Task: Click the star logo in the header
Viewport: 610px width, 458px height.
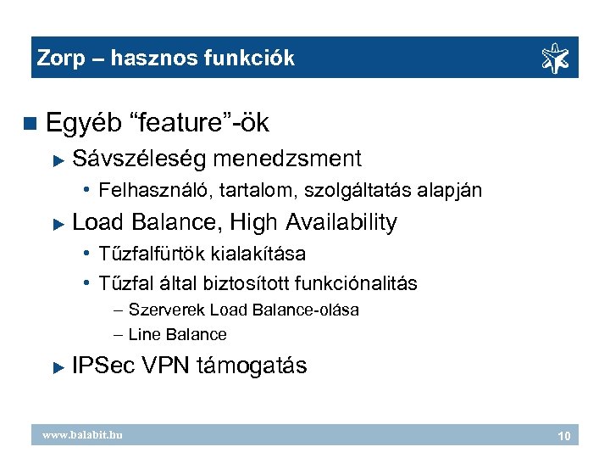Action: click(x=556, y=58)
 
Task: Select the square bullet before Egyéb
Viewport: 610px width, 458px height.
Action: click(x=31, y=124)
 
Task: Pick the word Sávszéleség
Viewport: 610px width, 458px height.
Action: click(x=140, y=159)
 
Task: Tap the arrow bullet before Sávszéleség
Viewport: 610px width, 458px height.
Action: click(x=58, y=159)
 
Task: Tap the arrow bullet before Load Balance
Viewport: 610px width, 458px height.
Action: click(x=58, y=224)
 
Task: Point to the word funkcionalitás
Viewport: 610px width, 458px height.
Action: click(x=358, y=283)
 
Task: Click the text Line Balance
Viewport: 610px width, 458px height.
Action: click(x=177, y=335)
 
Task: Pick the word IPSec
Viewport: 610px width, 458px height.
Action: click(x=104, y=366)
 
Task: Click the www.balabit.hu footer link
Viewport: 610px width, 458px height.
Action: click(x=83, y=435)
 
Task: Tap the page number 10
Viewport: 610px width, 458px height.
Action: click(x=563, y=436)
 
